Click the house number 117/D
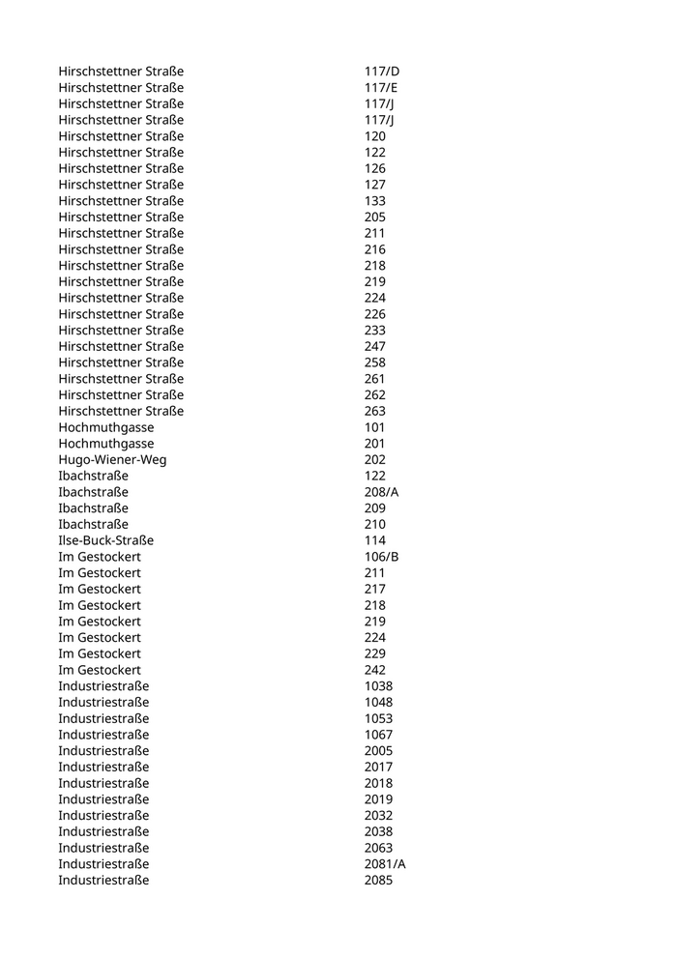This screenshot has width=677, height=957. [382, 72]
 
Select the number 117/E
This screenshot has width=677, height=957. [381, 88]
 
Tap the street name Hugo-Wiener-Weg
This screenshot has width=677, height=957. [112, 459]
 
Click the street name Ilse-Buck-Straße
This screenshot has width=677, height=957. [105, 540]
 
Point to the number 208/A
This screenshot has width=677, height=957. [381, 492]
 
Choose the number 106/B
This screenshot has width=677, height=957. [381, 557]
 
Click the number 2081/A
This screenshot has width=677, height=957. [385, 863]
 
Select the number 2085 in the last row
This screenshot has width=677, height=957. [378, 880]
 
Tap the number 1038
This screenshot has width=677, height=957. [378, 686]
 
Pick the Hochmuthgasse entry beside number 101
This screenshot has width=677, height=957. [105, 427]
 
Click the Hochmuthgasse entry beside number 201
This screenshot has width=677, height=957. [105, 443]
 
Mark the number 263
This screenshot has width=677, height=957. [375, 411]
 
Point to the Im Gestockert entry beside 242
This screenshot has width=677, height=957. [100, 670]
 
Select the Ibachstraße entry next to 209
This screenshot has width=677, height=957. [93, 507]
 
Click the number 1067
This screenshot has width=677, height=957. [378, 735]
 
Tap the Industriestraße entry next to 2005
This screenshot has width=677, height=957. [103, 750]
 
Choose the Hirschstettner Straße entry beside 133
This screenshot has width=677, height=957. [121, 201]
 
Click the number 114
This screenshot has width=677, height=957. [375, 540]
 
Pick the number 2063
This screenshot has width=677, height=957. [378, 848]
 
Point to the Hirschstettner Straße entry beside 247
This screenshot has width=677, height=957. [121, 346]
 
